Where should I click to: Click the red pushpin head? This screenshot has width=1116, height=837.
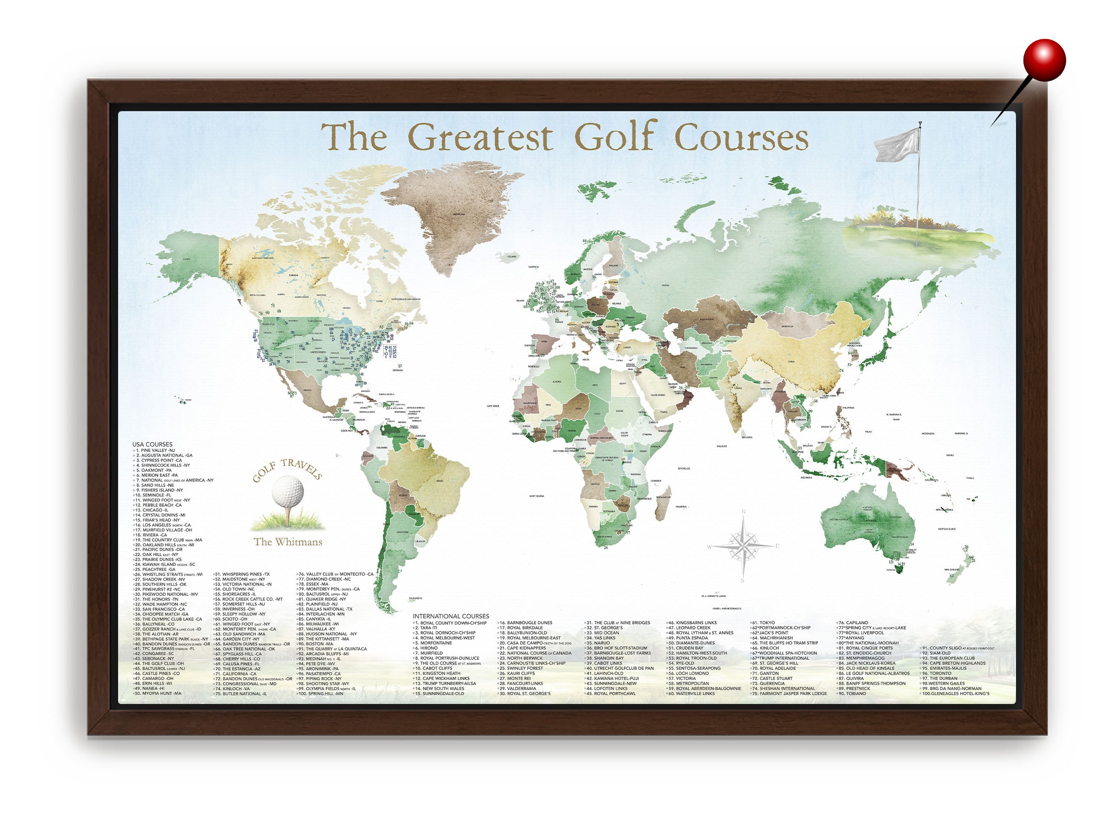[1044, 60]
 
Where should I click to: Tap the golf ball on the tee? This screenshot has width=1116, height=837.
[287, 492]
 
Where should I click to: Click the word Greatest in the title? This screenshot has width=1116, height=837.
[480, 137]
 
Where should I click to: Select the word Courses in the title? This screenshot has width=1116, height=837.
[741, 137]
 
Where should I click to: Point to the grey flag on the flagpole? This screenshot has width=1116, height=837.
[897, 145]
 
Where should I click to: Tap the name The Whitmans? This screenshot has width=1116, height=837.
[287, 542]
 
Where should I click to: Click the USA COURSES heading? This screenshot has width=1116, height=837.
[153, 445]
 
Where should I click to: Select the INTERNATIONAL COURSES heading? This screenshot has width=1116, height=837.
[451, 616]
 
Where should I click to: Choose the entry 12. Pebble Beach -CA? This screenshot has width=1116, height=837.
[159, 505]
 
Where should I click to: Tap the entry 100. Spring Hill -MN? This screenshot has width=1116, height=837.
[321, 694]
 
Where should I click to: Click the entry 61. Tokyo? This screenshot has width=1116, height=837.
[764, 623]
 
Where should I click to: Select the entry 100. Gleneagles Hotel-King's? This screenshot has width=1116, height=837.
[956, 694]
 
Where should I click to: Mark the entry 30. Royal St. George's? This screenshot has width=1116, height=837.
[525, 694]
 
